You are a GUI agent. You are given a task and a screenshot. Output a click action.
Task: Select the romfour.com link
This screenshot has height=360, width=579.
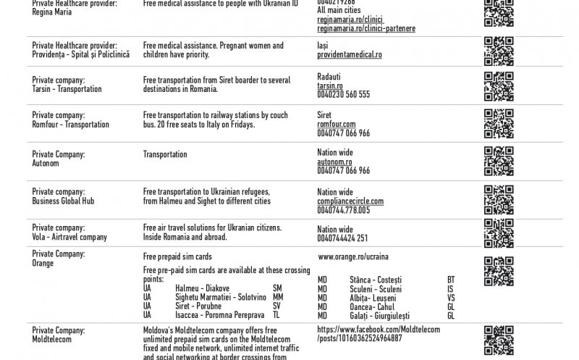337,125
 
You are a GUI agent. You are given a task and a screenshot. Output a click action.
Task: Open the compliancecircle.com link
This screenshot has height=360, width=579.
350,201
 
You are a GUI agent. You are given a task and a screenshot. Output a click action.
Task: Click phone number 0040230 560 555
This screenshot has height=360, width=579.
343,94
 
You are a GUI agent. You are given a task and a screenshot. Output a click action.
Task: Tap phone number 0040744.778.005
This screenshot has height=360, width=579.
343,210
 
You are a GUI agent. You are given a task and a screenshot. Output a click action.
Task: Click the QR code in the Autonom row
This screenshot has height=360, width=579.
498,161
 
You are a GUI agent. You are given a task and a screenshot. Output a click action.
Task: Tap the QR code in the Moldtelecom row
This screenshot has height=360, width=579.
498,341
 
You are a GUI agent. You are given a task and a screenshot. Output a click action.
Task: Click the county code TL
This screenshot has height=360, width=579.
276,316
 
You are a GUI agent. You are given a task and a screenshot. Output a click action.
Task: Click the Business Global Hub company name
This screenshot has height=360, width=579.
63,201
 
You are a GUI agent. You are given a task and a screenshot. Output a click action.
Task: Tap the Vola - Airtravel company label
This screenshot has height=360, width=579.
69,238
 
